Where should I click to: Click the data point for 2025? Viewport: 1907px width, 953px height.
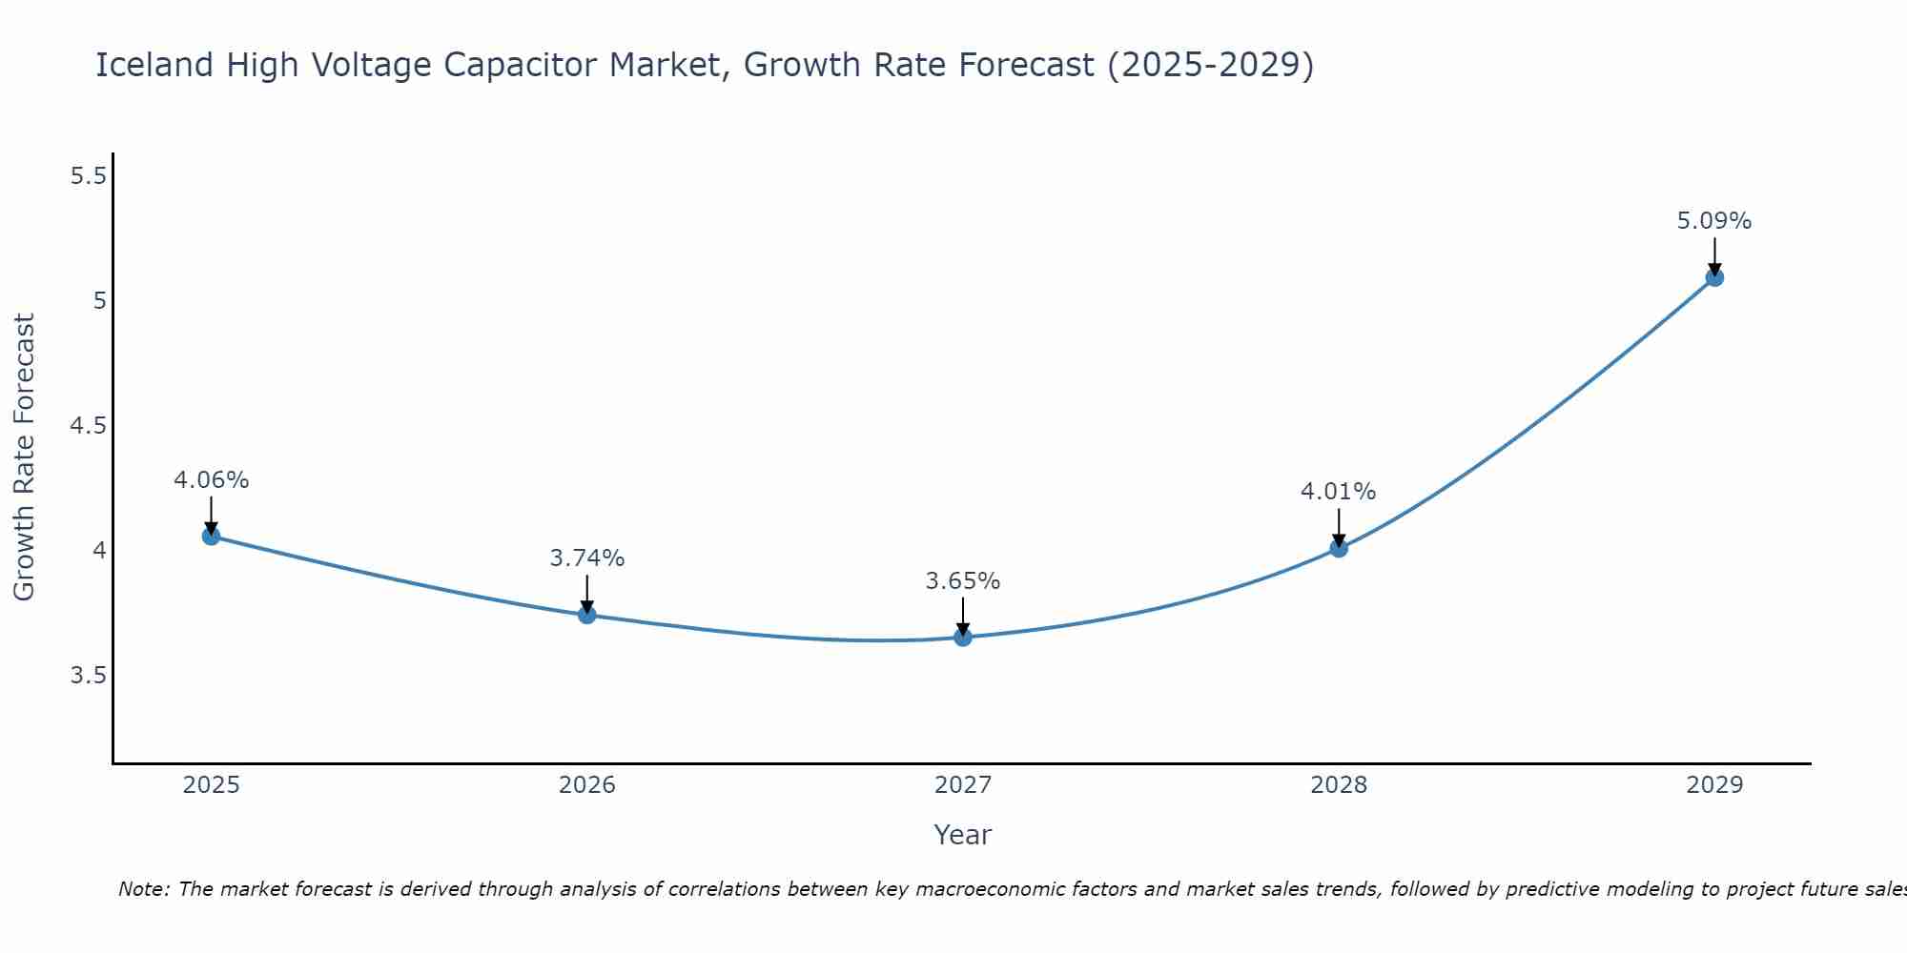coord(211,536)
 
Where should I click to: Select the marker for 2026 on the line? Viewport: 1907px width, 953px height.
coord(587,615)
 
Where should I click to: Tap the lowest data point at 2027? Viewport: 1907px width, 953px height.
coord(963,637)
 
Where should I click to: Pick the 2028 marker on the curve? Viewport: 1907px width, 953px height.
coord(1339,548)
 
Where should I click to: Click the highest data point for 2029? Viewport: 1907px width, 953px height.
coord(1714,277)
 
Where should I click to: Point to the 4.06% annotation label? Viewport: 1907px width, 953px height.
coord(211,480)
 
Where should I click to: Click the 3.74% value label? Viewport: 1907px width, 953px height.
coord(587,558)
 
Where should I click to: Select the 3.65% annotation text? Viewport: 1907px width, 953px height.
coord(963,581)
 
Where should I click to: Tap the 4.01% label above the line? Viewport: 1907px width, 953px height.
coord(1339,492)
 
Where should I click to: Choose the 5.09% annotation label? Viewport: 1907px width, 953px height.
coord(1714,221)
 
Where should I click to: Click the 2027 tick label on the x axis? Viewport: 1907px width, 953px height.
coord(963,785)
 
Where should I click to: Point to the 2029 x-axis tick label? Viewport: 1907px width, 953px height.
coord(1714,785)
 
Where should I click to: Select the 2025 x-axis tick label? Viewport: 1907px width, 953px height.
coord(211,785)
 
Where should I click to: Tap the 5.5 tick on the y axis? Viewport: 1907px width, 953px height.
coord(89,176)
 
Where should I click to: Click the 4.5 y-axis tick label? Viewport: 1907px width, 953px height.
coord(89,426)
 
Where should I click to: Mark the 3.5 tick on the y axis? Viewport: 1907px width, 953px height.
coord(89,676)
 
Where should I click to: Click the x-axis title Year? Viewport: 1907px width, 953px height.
coord(963,835)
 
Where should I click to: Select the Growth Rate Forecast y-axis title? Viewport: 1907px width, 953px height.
coord(24,457)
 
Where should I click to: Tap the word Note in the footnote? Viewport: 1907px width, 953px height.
coord(142,889)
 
